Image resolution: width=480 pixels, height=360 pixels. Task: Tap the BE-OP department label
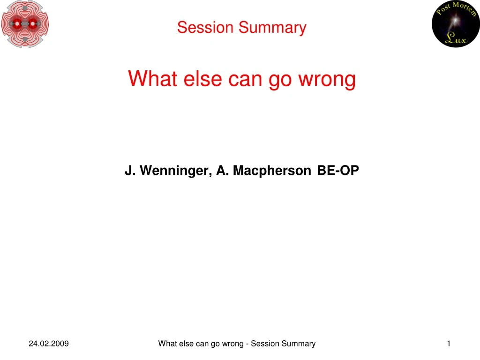coord(338,171)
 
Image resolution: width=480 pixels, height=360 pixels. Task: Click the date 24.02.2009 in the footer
coord(49,344)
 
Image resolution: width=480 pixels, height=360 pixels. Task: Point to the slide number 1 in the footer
coord(449,344)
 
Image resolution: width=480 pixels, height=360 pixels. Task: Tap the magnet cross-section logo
coord(25,23)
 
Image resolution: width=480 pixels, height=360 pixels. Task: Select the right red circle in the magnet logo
coord(32,23)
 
